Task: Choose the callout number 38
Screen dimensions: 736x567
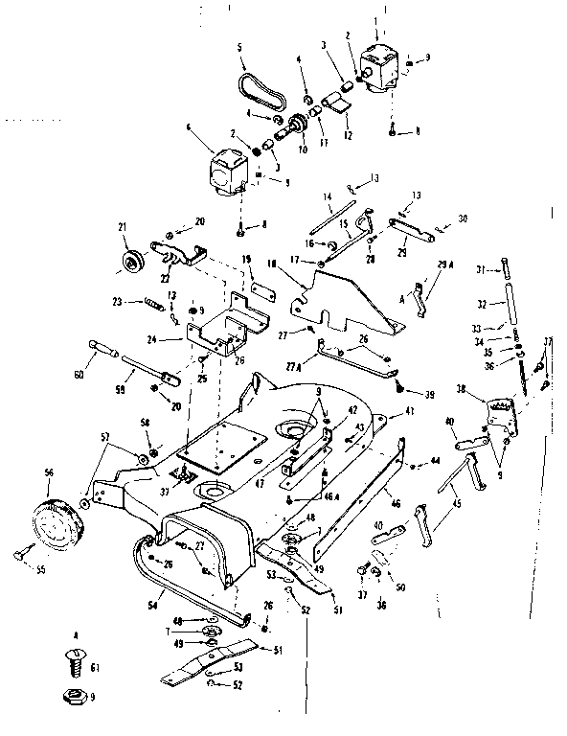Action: (x=462, y=389)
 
